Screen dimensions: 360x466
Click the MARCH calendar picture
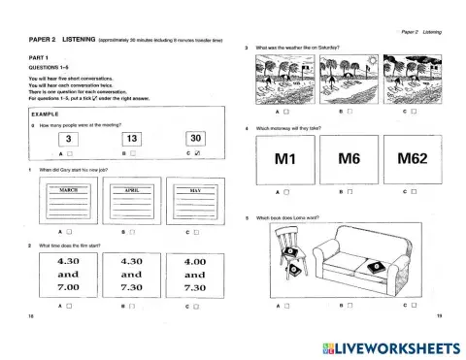click(x=69, y=201)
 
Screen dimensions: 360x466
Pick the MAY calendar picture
click(x=195, y=201)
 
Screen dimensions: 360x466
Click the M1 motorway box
click(x=284, y=158)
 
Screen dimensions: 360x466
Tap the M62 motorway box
click(x=412, y=158)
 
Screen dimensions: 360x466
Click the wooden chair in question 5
click(x=288, y=257)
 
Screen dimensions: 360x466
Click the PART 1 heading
click(x=42, y=57)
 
